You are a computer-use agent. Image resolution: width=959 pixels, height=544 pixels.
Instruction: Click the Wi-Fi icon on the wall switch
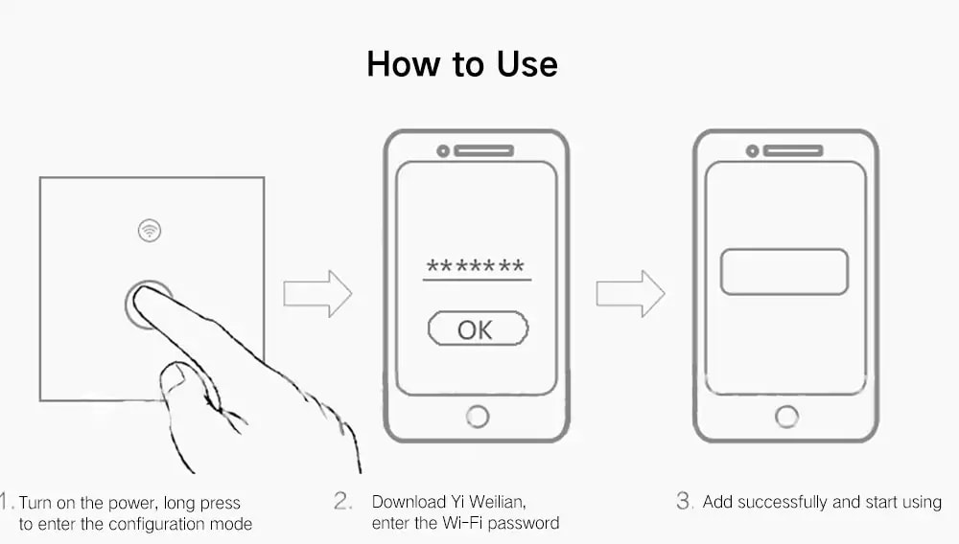pos(150,231)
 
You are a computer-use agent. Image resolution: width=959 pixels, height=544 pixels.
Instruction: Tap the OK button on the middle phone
pos(478,329)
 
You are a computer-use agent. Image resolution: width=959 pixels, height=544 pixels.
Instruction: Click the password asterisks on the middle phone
pos(476,265)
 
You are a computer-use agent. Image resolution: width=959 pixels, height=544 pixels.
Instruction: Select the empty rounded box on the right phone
pos(784,272)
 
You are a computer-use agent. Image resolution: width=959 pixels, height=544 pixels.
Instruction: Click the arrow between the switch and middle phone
pos(317,294)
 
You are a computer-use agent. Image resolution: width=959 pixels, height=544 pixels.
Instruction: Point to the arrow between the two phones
pos(631,294)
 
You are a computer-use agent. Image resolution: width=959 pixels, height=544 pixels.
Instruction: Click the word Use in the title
pos(526,64)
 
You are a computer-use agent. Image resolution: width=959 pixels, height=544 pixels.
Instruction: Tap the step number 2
pos(342,501)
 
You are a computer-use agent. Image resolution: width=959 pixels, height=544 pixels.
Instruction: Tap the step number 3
pos(685,501)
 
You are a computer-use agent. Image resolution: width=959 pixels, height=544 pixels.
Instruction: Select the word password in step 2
pos(524,523)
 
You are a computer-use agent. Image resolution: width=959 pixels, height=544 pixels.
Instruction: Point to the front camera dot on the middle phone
pos(443,150)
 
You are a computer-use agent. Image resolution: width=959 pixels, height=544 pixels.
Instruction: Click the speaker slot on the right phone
pos(793,150)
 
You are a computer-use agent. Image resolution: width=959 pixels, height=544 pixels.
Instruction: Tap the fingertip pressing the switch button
pos(145,298)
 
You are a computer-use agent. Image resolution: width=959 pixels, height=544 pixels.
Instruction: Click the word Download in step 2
pos(409,502)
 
